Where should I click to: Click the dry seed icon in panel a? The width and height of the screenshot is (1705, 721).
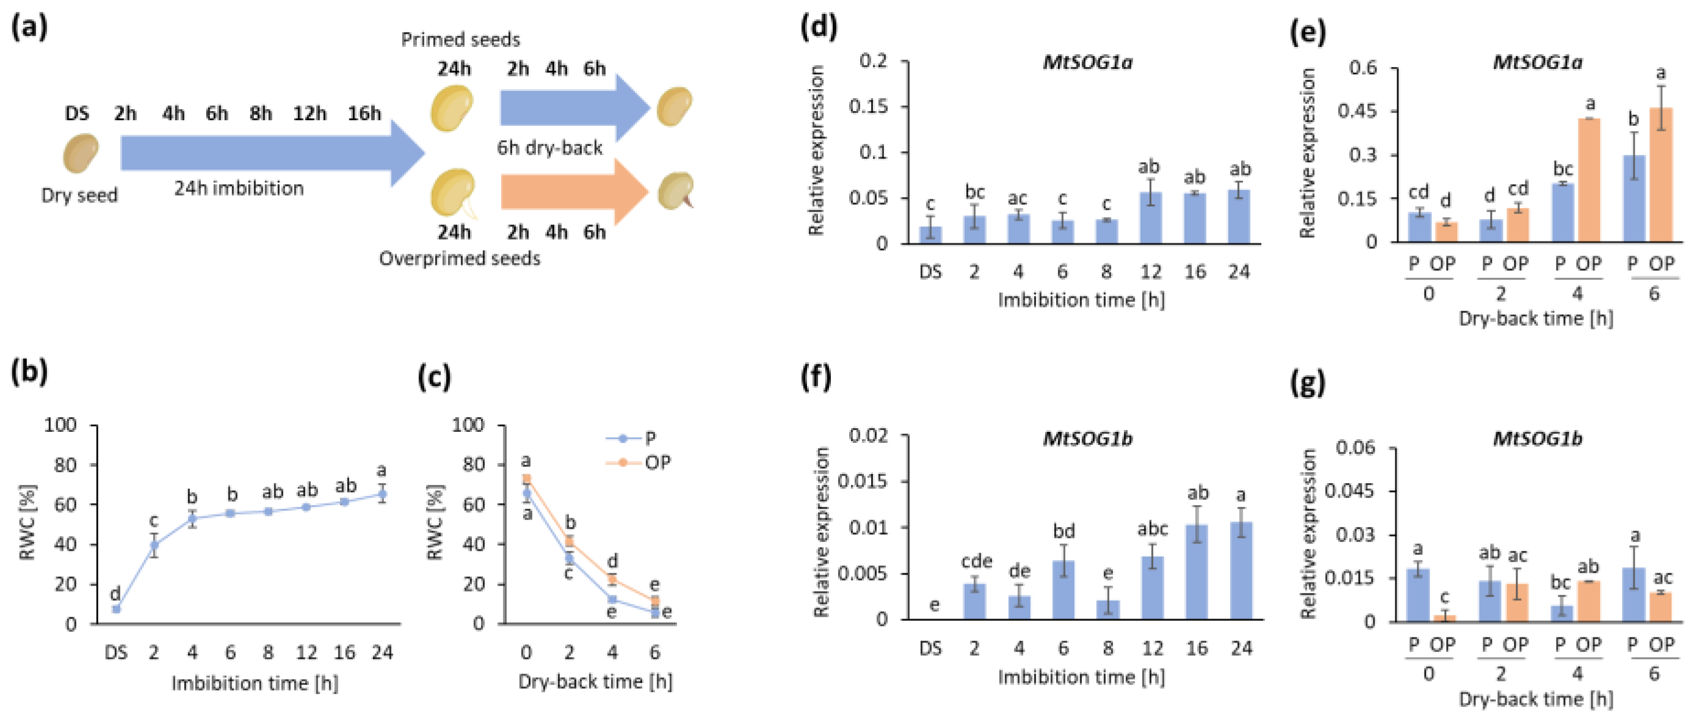[x=80, y=154]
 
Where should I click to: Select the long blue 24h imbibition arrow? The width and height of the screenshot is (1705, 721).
[x=265, y=152]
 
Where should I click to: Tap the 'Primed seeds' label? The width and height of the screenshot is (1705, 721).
[x=460, y=40]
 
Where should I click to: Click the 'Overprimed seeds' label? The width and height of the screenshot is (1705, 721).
[x=459, y=259]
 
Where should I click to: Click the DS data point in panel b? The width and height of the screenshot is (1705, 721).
[x=116, y=609]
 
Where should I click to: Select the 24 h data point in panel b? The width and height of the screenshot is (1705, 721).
[x=382, y=494]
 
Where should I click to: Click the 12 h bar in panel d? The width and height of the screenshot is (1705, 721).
[x=1150, y=218]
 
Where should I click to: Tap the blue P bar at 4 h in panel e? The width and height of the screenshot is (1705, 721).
[x=1563, y=212]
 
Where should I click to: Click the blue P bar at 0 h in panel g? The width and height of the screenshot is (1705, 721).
[x=1417, y=595]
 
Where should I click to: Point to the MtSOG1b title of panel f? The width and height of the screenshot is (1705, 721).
[x=1087, y=439]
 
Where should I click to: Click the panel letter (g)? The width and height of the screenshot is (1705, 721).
[x=1308, y=383]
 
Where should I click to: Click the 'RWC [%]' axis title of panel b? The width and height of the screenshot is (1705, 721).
[x=28, y=523]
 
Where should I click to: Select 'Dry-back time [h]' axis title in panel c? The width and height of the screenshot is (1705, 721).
[x=595, y=682]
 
